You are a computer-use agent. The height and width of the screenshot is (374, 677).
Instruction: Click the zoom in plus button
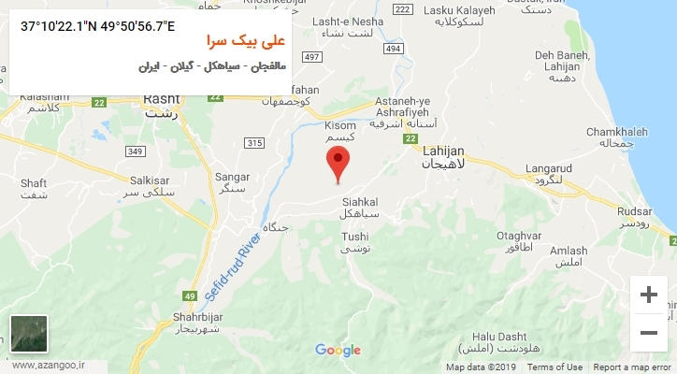pos(648,295)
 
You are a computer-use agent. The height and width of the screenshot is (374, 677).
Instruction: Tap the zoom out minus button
pos(648,332)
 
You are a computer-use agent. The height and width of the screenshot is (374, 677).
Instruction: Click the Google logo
pos(338,351)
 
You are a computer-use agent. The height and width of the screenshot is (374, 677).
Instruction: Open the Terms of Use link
pos(555,367)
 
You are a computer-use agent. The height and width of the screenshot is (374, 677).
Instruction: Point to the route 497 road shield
pos(312,58)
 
